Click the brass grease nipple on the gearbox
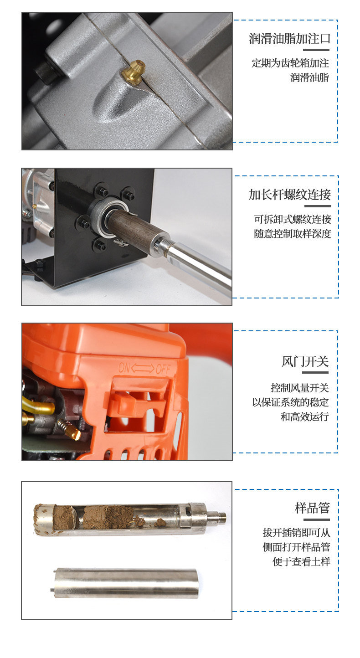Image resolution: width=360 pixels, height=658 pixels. point(134,72)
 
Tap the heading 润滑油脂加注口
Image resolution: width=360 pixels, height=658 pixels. point(290,38)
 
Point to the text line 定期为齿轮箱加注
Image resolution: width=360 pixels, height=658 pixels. point(290,63)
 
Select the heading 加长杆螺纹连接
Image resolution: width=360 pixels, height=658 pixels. point(290,195)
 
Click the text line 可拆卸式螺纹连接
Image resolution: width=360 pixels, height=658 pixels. point(293,219)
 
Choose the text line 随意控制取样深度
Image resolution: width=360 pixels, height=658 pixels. point(293,234)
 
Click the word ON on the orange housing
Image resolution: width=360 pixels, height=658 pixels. point(124,367)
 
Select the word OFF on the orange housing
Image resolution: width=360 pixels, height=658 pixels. point(163,369)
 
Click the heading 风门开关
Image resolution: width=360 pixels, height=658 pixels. point(305,361)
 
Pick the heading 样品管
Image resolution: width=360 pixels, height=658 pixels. point(312,508)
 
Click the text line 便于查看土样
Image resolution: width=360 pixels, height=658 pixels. point(301,561)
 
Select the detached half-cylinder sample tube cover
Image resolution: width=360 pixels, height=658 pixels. point(126,583)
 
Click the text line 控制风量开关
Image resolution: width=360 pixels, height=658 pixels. point(300,388)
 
